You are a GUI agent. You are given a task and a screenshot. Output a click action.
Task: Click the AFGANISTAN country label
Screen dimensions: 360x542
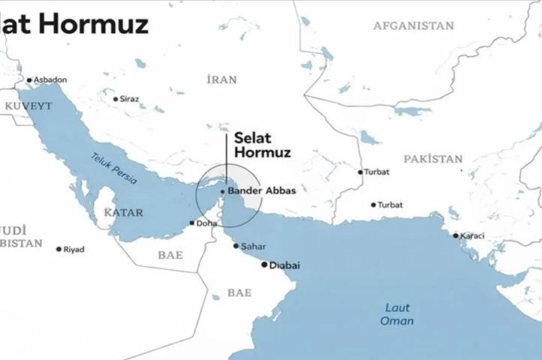[414, 25]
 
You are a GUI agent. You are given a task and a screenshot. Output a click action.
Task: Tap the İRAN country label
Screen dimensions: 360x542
[222, 79]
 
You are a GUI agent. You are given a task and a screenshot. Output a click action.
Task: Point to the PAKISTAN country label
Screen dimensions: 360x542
[433, 159]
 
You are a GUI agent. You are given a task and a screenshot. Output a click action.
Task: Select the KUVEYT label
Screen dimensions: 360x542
[29, 106]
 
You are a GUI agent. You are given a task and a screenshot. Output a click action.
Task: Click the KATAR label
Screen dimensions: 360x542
[124, 213]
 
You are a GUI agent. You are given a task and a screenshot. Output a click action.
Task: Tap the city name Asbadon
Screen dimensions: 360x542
[51, 79]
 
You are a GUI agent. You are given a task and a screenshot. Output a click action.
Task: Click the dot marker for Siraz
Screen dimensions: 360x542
[116, 99]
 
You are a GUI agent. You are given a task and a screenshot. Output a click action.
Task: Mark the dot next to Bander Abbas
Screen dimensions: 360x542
[222, 191]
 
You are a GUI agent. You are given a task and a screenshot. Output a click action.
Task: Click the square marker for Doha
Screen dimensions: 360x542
[193, 223]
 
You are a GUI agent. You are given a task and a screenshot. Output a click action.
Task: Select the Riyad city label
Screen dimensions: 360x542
[74, 249]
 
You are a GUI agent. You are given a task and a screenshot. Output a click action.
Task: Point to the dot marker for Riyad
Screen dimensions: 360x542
[59, 249]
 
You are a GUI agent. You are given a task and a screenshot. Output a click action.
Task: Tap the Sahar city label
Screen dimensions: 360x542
[254, 246]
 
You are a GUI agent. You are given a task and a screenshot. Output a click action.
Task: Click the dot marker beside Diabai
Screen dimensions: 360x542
[263, 264]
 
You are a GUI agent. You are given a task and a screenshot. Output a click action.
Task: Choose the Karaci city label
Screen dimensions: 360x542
[473, 235]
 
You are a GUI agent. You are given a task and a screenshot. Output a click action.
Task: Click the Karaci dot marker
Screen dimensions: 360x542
[456, 235]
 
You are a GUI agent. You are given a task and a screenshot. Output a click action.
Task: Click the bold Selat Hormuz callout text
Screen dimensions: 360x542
[261, 145]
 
